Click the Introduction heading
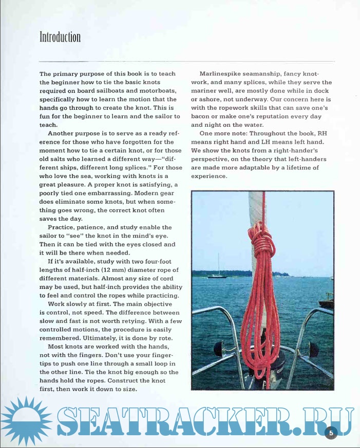coord(60,37)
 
